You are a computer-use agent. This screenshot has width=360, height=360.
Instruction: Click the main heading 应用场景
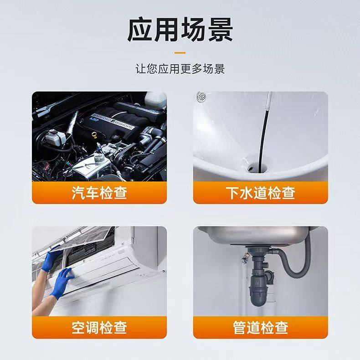pos(180,30)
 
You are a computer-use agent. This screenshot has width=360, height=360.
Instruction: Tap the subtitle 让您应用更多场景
pos(180,69)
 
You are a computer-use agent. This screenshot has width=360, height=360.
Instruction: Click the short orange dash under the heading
pos(180,52)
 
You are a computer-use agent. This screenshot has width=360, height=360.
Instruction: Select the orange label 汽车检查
pos(99,192)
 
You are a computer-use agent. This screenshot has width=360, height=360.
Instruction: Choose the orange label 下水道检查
pos(260,192)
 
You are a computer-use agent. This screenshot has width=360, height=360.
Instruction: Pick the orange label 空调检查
pos(99,327)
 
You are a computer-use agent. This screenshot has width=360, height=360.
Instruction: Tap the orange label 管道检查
pos(260,327)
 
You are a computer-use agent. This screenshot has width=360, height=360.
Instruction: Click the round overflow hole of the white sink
pos(201,97)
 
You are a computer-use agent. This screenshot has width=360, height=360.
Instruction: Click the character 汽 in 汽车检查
pos(78,192)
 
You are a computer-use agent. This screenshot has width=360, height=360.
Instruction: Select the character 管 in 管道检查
pos(240,327)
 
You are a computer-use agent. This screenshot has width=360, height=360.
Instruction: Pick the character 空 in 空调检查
pos(78,327)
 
